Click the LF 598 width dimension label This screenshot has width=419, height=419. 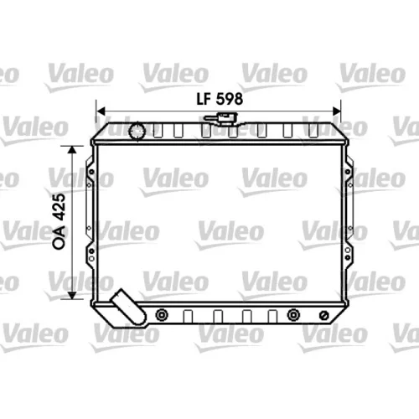pos(220,99)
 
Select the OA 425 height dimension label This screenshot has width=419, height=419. pos(59,221)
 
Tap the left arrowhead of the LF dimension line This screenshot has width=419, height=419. pos(101,111)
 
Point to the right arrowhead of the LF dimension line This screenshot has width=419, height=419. pos(337,111)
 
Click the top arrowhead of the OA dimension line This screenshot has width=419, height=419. pos(72,150)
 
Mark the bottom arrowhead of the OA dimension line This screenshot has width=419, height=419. pos(72,295)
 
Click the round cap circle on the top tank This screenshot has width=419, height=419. pos(137,131)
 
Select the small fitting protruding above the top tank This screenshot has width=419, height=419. pos(220,118)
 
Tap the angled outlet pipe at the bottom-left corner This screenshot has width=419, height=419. pos(128,307)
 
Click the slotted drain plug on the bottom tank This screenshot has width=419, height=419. pos(323,315)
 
